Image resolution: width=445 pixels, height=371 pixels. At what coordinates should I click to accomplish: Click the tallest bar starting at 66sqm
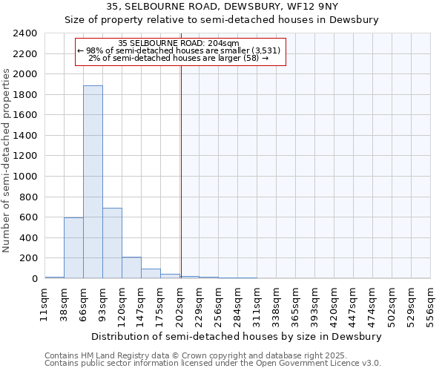coord(93,182)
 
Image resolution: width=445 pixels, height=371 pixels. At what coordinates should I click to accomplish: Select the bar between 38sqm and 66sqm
coord(73,248)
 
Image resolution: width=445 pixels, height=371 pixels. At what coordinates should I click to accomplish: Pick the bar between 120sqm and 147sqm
coord(131,268)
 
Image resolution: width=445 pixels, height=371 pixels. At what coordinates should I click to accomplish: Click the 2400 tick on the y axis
coord(25,33)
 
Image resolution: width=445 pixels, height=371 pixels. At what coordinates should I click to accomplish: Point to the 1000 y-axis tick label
coord(25,177)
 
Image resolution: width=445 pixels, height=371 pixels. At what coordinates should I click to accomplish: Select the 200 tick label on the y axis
coord(28,258)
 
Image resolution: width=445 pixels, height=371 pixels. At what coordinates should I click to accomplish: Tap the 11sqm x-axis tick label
coord(44,304)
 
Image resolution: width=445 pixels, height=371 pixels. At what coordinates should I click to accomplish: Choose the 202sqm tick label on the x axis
coord(179,304)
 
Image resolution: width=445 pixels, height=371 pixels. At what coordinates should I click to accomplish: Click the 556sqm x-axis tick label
coord(430,304)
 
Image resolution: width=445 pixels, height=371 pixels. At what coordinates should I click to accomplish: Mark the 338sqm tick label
coord(276,304)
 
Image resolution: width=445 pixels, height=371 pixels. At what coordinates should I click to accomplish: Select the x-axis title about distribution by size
coord(237,336)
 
